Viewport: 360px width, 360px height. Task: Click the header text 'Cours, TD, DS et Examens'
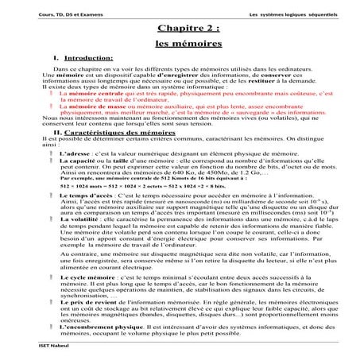click(48, 15)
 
